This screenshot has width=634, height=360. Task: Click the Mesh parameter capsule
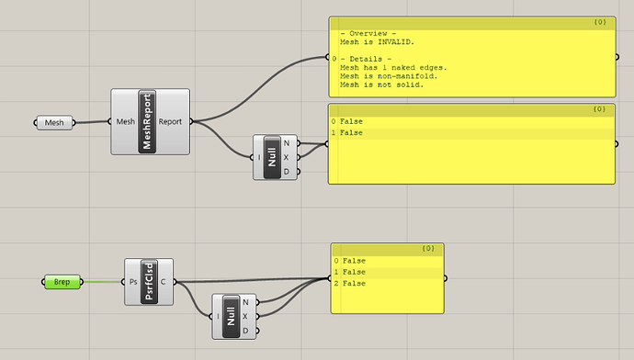54,122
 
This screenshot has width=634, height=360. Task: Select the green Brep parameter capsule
62,281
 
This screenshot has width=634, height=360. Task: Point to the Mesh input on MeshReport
125,121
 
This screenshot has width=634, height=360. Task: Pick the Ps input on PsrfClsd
133,281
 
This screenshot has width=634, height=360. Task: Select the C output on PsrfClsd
164,281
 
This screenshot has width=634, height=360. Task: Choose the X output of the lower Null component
244,317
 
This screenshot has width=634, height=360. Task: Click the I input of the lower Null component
220,317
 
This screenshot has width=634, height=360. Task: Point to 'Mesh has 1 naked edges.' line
394,67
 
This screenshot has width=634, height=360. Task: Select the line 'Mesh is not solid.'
380,84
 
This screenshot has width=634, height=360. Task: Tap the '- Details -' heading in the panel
362,58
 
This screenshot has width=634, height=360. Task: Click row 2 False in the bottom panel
354,284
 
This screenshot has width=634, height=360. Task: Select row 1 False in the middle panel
351,133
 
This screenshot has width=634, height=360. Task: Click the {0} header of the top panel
598,20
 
